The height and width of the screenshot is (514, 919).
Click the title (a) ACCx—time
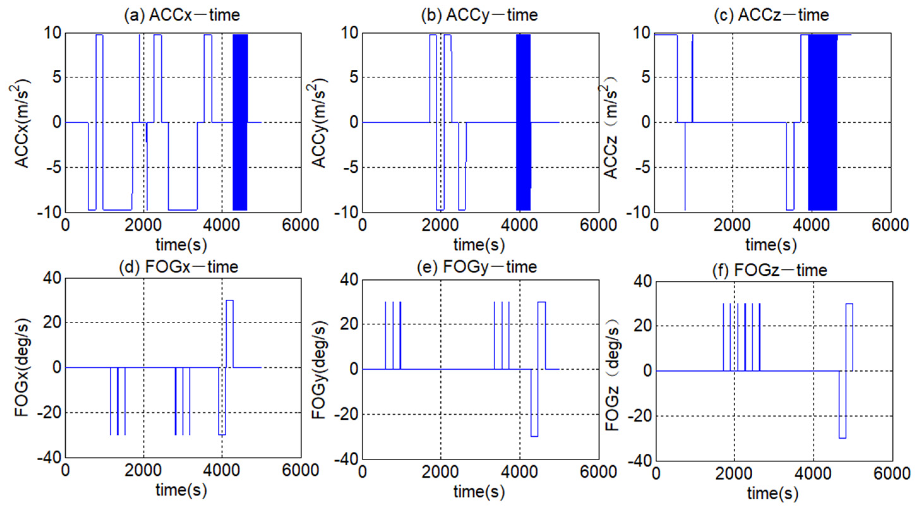(x=182, y=15)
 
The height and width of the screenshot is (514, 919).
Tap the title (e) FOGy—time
(x=477, y=267)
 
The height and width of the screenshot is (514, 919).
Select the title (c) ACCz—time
(x=771, y=15)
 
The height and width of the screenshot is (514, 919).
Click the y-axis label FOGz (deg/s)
(x=612, y=371)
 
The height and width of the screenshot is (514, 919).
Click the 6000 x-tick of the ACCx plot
(x=300, y=225)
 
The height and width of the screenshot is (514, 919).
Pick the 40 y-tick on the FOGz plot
(x=642, y=282)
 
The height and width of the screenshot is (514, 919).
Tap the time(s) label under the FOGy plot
(x=479, y=492)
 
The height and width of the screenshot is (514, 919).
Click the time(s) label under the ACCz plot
(x=771, y=245)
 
